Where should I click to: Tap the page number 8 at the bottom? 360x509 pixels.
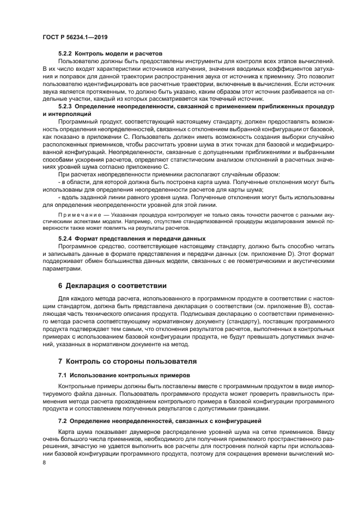click(x=44, y=463)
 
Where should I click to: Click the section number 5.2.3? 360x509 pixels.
click(x=65, y=108)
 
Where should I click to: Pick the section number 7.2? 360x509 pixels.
click(x=63, y=421)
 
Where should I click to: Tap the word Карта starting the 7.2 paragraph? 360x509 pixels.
click(x=66, y=429)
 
